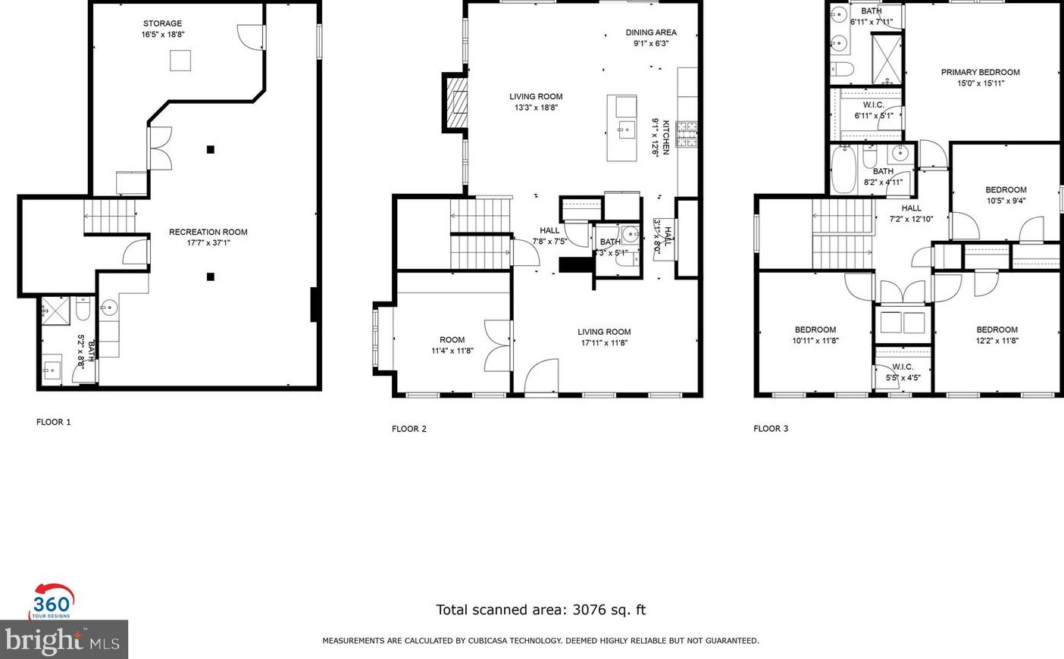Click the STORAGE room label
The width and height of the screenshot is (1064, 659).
point(162,23)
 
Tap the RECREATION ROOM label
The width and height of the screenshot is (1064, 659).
point(208,232)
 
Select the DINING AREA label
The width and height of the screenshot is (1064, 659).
point(651,33)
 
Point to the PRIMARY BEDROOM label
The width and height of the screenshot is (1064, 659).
point(980,73)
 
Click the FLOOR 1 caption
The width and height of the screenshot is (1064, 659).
point(53,422)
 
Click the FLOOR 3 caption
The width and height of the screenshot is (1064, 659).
point(771,429)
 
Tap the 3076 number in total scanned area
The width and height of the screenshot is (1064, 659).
point(589,610)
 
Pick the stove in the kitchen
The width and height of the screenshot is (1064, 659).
point(686,134)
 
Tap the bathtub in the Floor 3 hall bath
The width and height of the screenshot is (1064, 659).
point(843,169)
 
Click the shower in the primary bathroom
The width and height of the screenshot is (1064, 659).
point(886,59)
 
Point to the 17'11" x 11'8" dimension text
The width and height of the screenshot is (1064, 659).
point(604,343)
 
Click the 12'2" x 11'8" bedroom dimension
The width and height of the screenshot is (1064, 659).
point(997,341)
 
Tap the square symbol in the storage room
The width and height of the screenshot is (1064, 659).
point(180,60)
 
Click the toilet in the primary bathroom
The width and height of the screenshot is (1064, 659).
point(842,70)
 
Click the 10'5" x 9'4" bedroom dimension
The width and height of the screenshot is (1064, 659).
point(1006,201)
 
